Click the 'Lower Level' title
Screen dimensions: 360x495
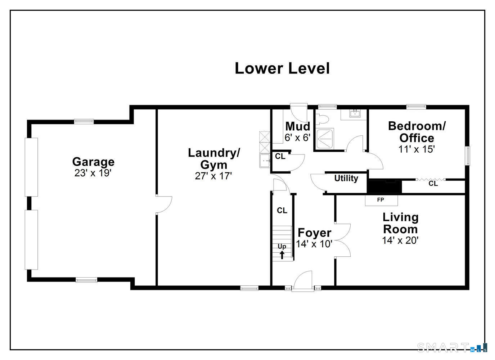pyautogui.click(x=282, y=68)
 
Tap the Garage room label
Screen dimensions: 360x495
pyautogui.click(x=93, y=162)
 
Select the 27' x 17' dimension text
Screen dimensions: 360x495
pyautogui.click(x=213, y=176)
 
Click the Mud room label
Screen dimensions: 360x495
pyautogui.click(x=297, y=126)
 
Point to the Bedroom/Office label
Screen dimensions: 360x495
pyautogui.click(x=417, y=132)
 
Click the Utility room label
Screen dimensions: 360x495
pyautogui.click(x=346, y=179)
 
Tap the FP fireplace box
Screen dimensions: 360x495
pyautogui.click(x=381, y=200)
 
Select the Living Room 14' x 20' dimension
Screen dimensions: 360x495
pyautogui.click(x=400, y=240)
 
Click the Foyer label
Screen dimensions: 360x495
pyautogui.click(x=314, y=233)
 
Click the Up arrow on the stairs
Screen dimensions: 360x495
pyautogui.click(x=282, y=255)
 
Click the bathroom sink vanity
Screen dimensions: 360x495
pyautogui.click(x=354, y=114)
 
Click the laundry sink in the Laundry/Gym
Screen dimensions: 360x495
pyautogui.click(x=265, y=161)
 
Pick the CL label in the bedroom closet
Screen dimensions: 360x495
pyautogui.click(x=433, y=184)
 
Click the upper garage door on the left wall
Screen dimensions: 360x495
pyautogui.click(x=31, y=167)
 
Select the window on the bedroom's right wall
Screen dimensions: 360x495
pyautogui.click(x=467, y=156)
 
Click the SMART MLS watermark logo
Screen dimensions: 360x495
pyautogui.click(x=452, y=347)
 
